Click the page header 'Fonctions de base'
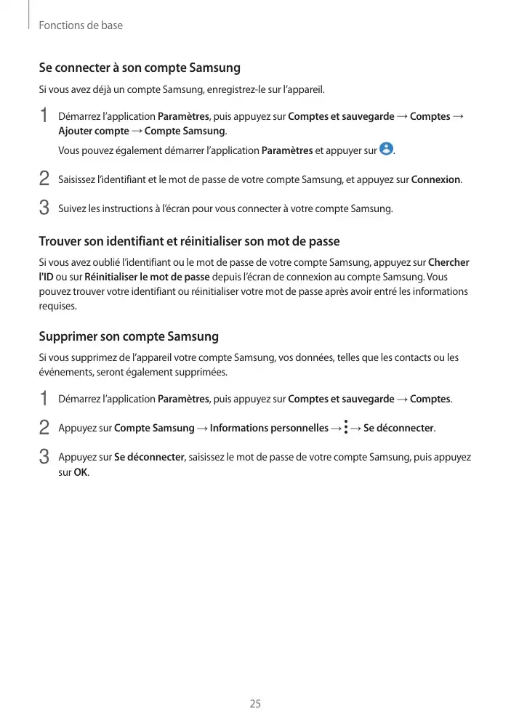80,25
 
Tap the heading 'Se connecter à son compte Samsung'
139,68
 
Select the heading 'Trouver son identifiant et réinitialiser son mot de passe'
188,241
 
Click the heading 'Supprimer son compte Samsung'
128,337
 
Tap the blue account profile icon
386,150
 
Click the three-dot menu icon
346,427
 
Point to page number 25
255,703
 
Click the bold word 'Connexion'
435,179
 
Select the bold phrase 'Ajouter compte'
94,131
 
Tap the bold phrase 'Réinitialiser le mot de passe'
147,277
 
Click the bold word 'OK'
81,472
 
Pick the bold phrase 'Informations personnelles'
269,428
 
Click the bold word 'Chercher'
448,262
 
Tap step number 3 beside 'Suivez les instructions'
44,208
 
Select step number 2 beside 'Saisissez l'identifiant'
44,179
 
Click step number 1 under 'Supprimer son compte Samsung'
44,399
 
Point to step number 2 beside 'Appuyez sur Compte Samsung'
44,427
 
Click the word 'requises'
57,306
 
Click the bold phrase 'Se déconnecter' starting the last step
150,458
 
